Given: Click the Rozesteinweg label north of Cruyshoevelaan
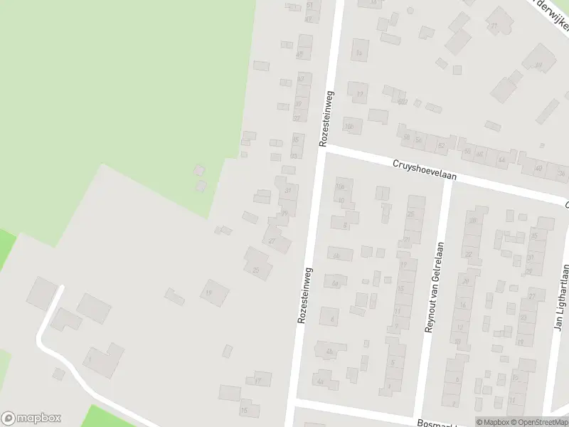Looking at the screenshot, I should pos(326,119).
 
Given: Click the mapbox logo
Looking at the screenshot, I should pos(31,418).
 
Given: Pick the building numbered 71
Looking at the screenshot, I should pos(494,26).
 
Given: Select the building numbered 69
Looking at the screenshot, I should pos(538,65).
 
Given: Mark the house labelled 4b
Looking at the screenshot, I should pos(329,352).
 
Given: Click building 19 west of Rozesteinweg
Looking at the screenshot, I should pos(209,292).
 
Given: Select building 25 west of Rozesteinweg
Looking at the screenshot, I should pos(256,270).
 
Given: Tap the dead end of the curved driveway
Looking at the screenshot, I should pos(60,288).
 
